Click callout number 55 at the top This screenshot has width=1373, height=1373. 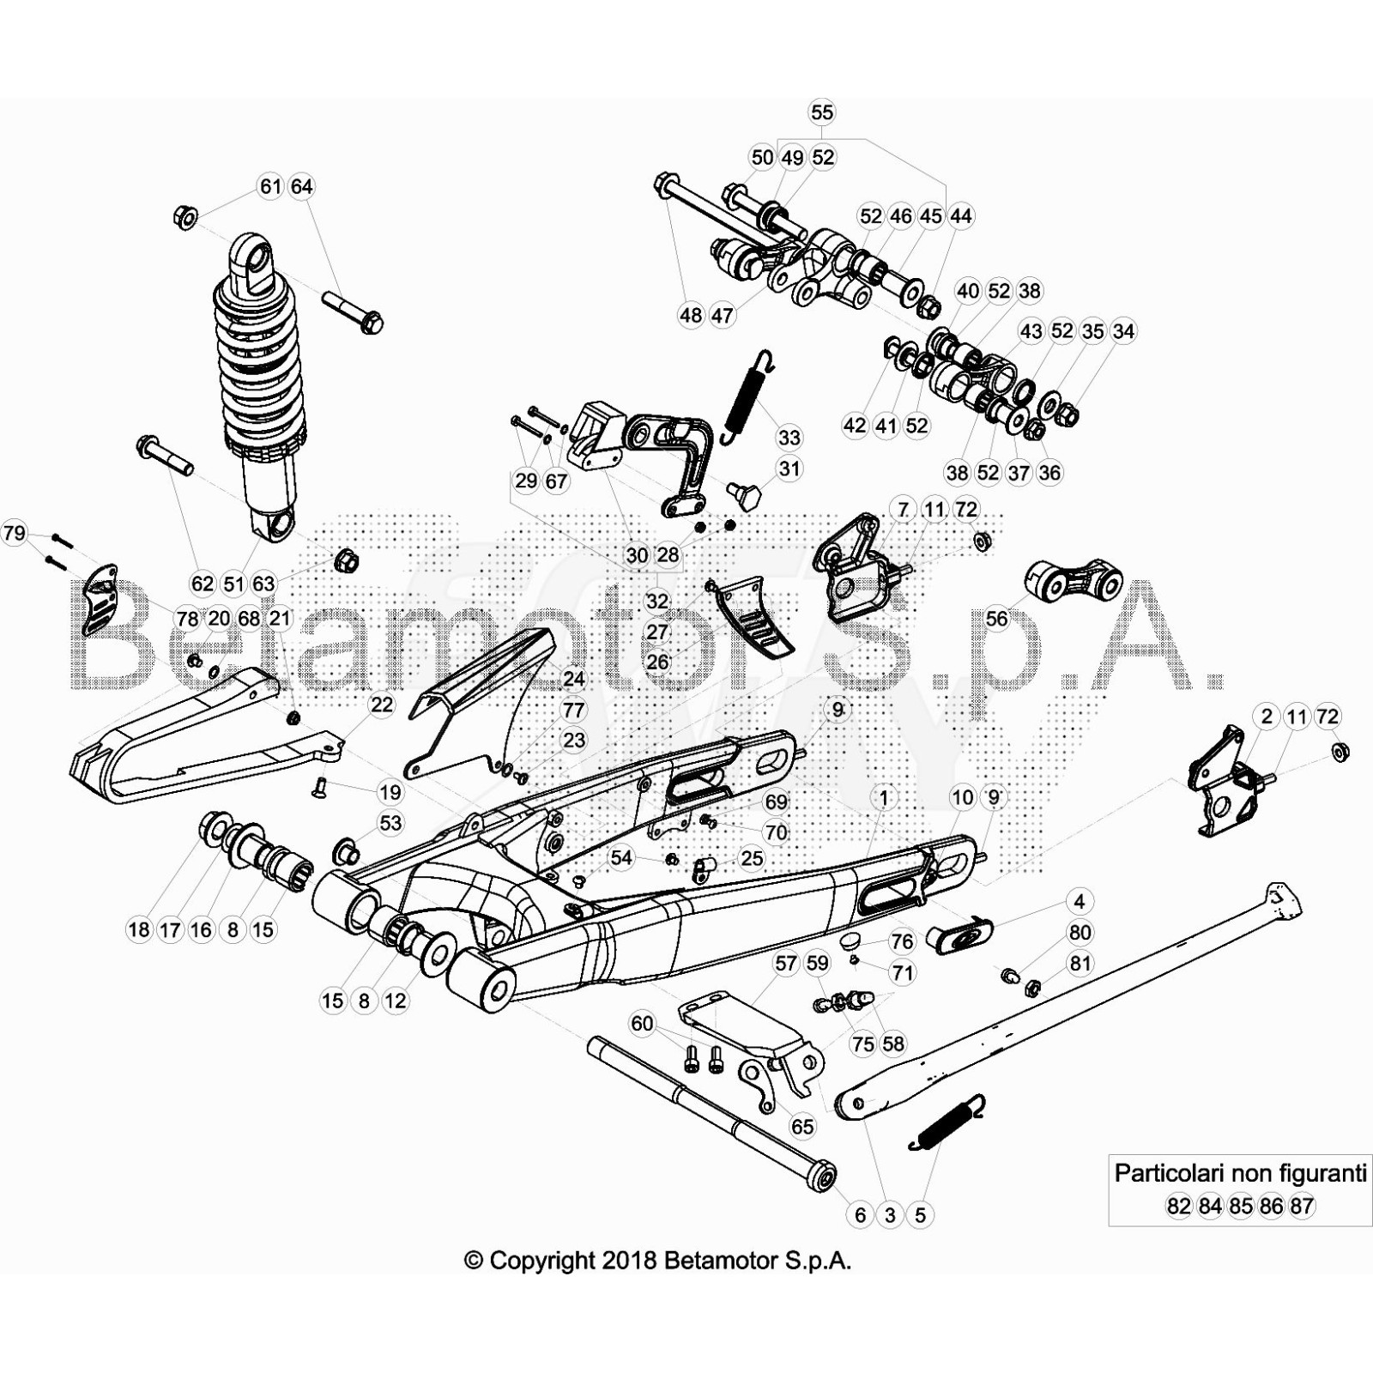pos(821,112)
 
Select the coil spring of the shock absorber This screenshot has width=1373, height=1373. pos(257,360)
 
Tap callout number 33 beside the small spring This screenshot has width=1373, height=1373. pos(789,438)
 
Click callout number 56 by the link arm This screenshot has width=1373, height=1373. pos(996,618)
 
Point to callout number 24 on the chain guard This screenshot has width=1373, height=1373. pos(573,679)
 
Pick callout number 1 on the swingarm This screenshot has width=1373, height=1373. pos(884,797)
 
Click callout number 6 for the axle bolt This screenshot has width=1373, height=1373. pos(860,1215)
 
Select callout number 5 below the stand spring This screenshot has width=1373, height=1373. pos(920,1215)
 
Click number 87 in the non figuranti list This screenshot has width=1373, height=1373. pos(1302,1207)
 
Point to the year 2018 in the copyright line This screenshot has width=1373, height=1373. pos(629,1261)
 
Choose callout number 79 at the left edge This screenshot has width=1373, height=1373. pos(15,534)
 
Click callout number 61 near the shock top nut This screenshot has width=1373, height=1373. pos(270,186)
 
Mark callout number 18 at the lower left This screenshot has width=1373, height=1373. pos(139,929)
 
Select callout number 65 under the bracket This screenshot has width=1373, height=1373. pos(802,1126)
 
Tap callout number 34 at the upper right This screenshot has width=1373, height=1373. pos(1123,331)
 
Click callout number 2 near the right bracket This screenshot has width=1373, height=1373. pos(1267,717)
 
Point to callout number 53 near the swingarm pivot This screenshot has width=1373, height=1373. pos(390,824)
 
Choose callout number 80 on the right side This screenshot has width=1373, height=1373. pos(1080,933)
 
